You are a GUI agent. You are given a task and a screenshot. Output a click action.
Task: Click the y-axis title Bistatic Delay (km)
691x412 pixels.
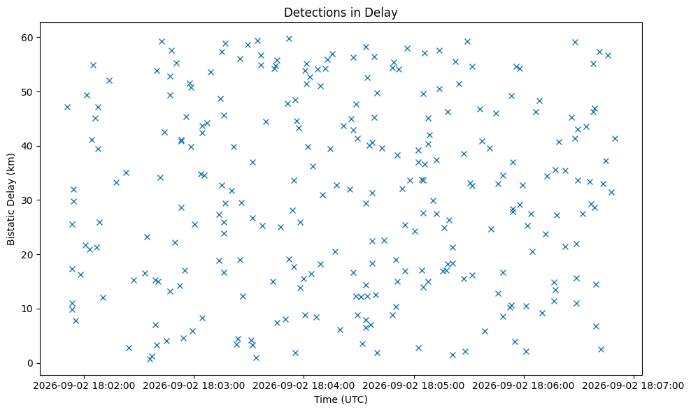click(x=11, y=199)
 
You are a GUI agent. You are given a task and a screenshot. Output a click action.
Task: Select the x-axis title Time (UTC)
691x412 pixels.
click(x=341, y=399)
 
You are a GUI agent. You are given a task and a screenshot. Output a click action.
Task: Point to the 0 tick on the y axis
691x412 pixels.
click(x=31, y=364)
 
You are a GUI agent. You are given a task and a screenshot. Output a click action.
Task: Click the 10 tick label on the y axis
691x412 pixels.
click(x=28, y=309)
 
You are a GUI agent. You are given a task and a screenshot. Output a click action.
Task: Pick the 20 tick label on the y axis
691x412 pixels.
click(x=28, y=255)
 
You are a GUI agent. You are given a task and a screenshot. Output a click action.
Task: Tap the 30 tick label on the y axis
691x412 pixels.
click(x=28, y=200)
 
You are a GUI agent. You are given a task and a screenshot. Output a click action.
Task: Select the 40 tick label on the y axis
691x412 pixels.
click(x=28, y=147)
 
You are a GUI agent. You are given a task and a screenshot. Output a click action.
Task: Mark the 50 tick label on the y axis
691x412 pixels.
click(x=28, y=92)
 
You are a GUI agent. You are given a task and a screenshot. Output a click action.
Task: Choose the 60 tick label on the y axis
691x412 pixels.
click(x=28, y=38)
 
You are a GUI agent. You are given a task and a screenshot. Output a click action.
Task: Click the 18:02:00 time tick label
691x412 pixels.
click(x=84, y=386)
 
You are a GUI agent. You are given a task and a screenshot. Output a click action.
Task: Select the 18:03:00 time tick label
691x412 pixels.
click(x=194, y=386)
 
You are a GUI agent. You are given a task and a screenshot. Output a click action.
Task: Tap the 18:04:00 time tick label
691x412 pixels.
click(x=304, y=386)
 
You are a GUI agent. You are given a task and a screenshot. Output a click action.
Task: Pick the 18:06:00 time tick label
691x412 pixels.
click(x=524, y=386)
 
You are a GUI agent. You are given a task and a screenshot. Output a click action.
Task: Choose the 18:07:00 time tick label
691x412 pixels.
click(x=634, y=386)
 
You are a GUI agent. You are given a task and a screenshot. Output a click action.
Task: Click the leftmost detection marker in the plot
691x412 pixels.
click(x=67, y=108)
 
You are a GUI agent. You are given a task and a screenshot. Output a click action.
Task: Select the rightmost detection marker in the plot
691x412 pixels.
click(x=615, y=139)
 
